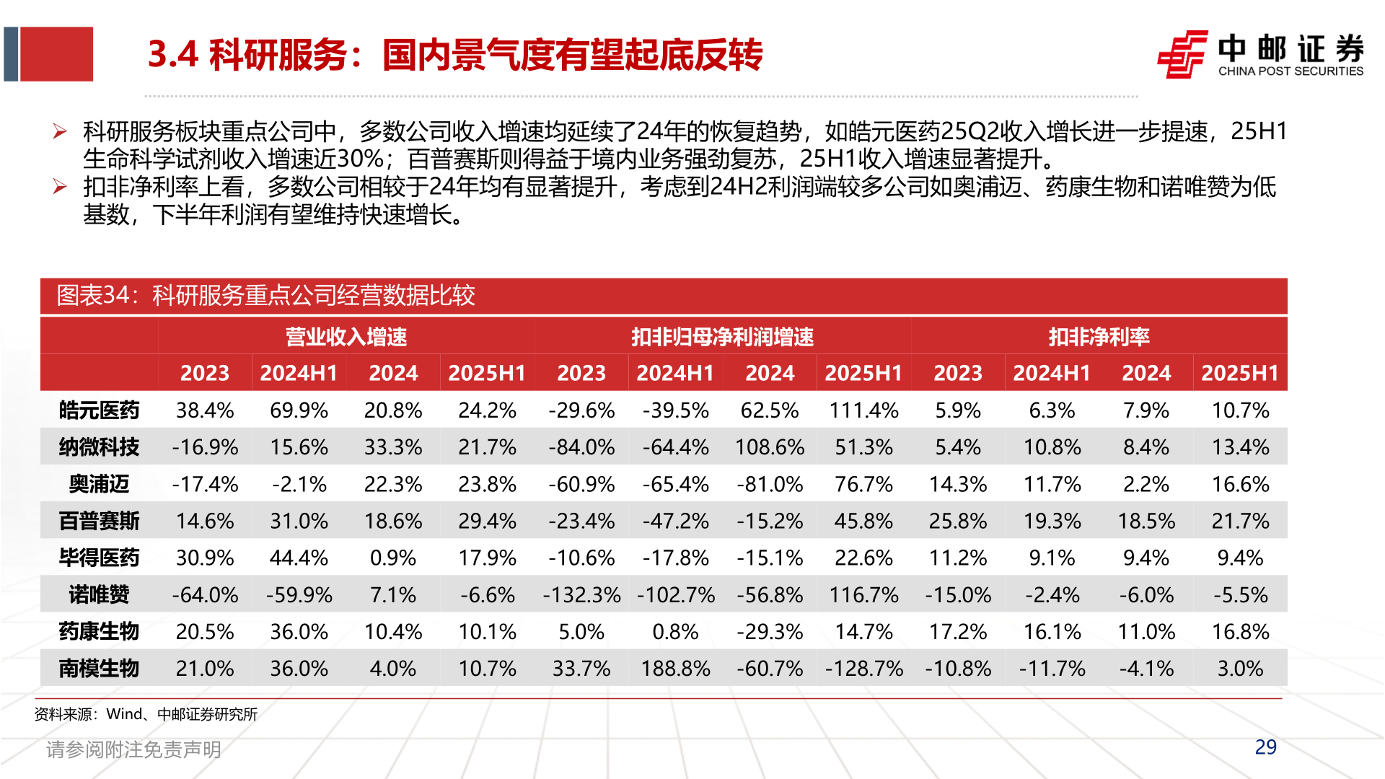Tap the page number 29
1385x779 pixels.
pyautogui.click(x=1265, y=747)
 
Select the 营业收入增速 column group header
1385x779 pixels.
pyautogui.click(x=346, y=337)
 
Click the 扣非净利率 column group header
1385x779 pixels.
pyautogui.click(x=1099, y=337)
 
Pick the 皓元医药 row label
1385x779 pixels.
pyautogui.click(x=99, y=410)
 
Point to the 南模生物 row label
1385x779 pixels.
pyautogui.click(x=99, y=669)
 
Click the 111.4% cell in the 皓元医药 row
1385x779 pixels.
pyautogui.click(x=863, y=410)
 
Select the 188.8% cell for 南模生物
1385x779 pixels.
pyautogui.click(x=675, y=669)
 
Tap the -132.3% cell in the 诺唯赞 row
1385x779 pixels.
pyautogui.click(x=581, y=595)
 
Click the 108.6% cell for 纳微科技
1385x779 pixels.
pyautogui.click(x=770, y=447)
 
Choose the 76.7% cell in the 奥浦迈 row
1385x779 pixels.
pyautogui.click(x=863, y=484)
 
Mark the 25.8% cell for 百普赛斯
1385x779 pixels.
pyautogui.click(x=958, y=521)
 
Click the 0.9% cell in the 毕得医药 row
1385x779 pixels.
pyautogui.click(x=393, y=558)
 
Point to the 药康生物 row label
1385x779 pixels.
pyautogui.click(x=99, y=632)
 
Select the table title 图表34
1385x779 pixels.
pyautogui.click(x=265, y=295)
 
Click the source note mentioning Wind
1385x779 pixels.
pyautogui.click(x=146, y=714)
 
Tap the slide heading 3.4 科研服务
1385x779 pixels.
pyautogui.click(x=454, y=55)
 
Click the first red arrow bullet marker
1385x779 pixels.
pyautogui.click(x=60, y=131)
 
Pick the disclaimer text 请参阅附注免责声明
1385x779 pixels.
pyautogui.click(x=133, y=749)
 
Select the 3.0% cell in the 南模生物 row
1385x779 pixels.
pyautogui.click(x=1240, y=669)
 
